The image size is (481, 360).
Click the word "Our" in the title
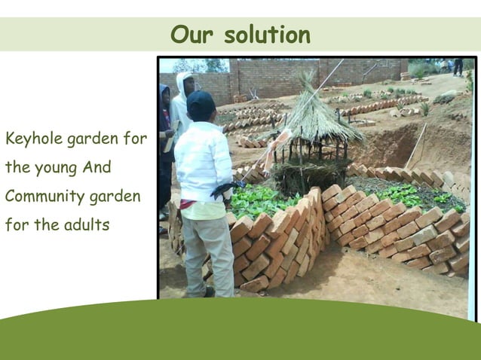(x=188, y=35)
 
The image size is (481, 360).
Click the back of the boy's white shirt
(x=203, y=162)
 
